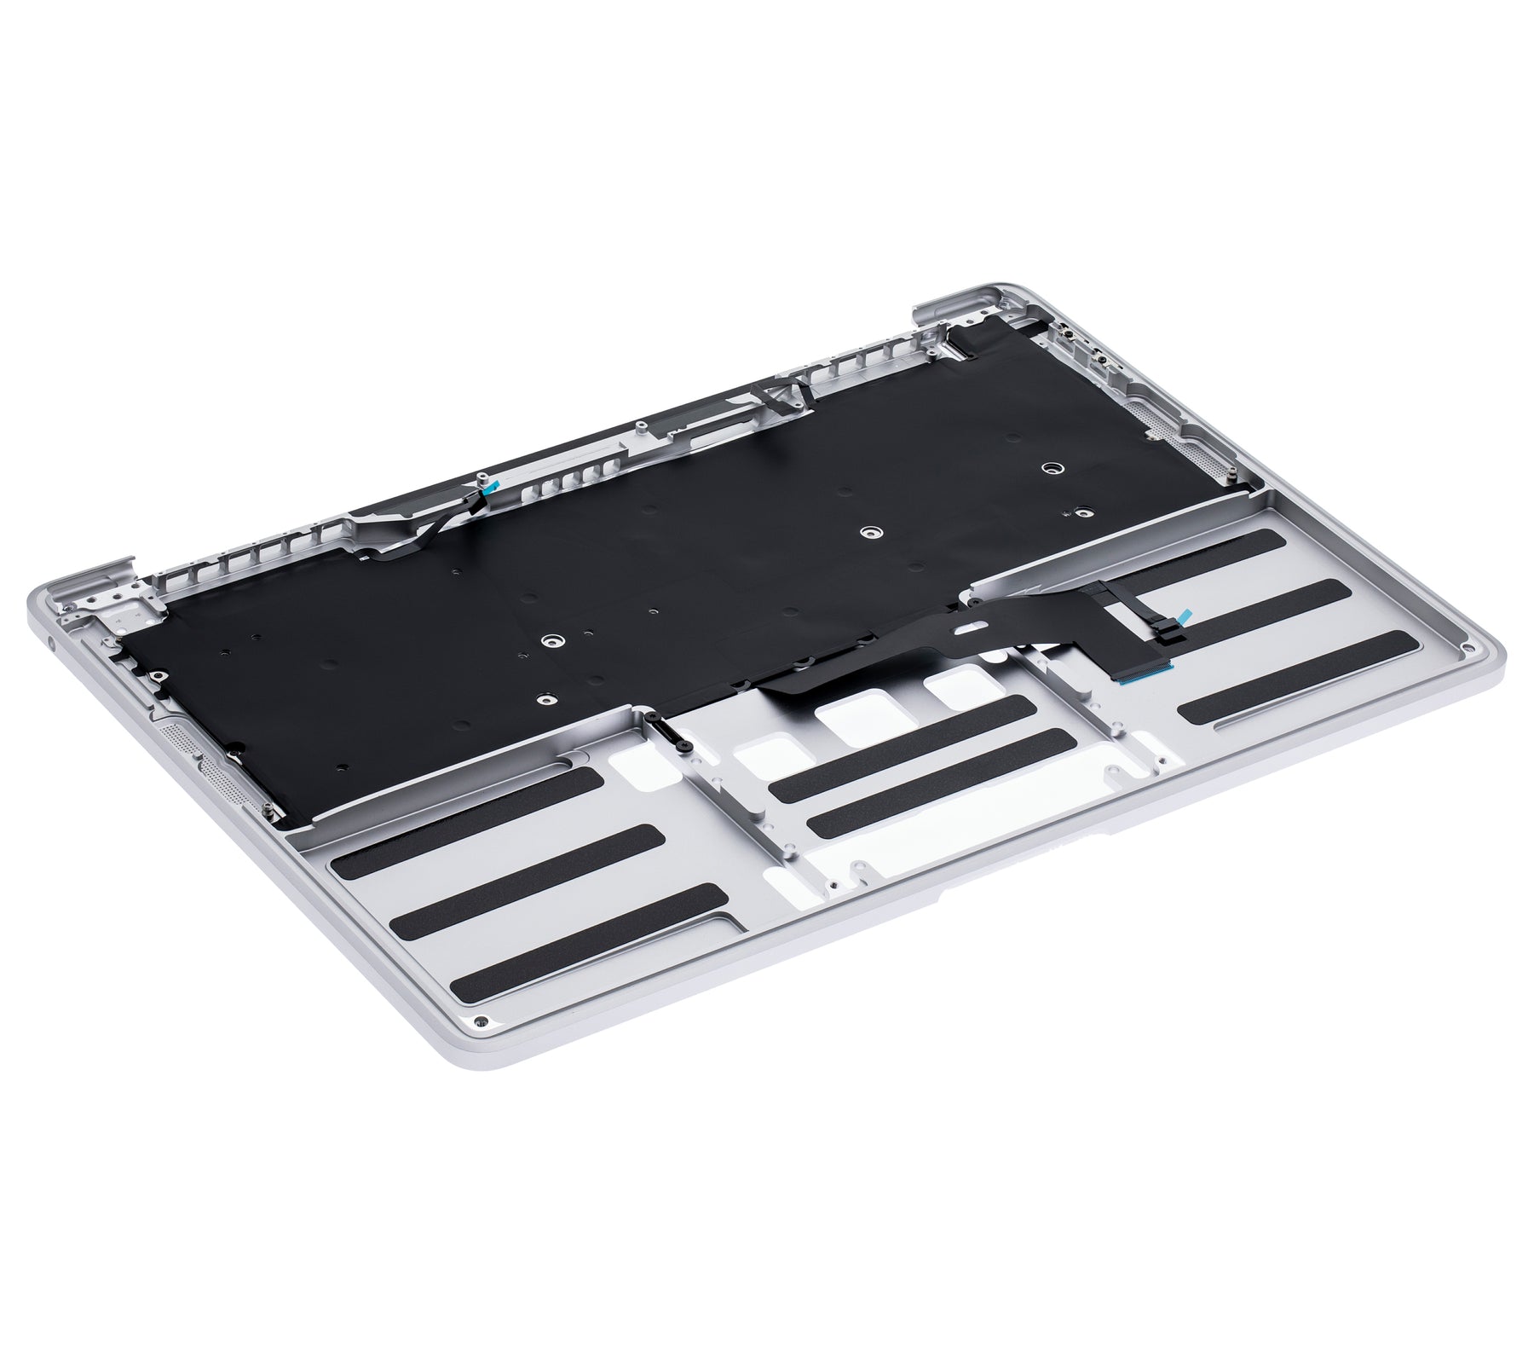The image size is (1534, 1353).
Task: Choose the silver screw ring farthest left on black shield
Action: [553, 639]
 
